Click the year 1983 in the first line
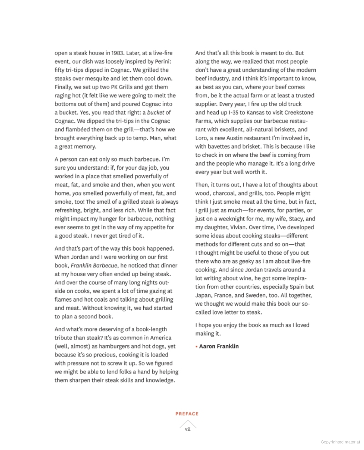coord(117,53)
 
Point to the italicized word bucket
coord(156,113)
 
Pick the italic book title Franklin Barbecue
coord(94,266)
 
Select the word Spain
coord(297,287)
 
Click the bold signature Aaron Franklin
coord(219,346)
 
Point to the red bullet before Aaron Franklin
coord(197,347)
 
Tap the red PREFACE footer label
coord(187,414)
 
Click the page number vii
coord(188,429)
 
